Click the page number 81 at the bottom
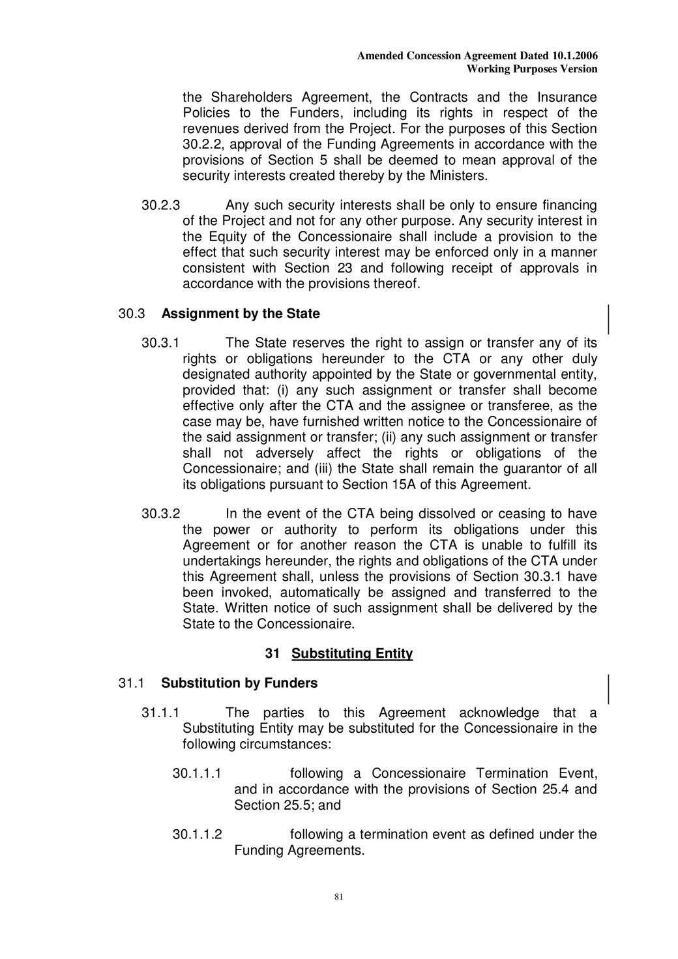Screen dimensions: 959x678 tap(338, 897)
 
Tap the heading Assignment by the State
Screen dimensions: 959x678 tap(241, 314)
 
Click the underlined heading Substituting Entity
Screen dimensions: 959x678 tap(352, 653)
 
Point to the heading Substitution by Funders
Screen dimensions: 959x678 tap(239, 683)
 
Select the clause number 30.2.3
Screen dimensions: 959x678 tap(160, 205)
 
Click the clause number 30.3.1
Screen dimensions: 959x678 tap(160, 343)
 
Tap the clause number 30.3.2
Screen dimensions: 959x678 tap(160, 514)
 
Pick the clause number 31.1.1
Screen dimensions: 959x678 tap(160, 713)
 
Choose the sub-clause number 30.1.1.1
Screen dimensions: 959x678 tap(197, 774)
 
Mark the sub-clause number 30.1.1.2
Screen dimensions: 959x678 tap(197, 834)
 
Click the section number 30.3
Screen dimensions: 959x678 tap(131, 314)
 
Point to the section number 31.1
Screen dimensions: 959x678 tap(131, 683)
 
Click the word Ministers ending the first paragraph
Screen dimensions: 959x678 tap(458, 176)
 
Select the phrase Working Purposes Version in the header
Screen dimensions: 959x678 tap(532, 69)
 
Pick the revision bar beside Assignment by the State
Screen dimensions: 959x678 tap(609, 319)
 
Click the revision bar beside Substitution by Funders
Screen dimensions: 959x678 tap(609, 689)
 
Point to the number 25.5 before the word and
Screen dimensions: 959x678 tap(299, 805)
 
